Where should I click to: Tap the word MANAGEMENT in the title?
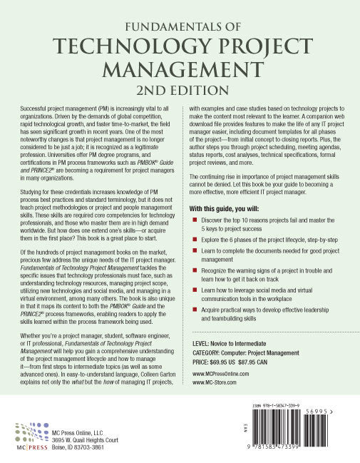[x=180, y=71]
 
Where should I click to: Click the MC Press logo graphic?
[x=28, y=434]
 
